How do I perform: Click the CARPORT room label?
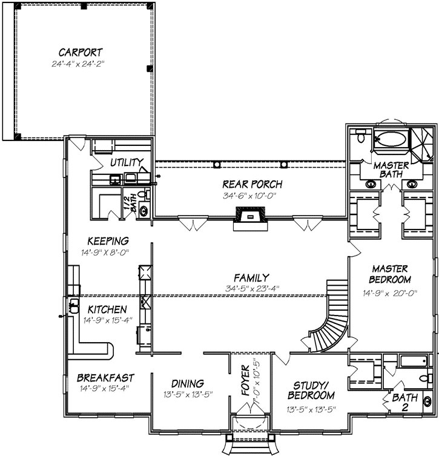pyautogui.click(x=81, y=52)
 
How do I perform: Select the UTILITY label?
pyautogui.click(x=127, y=162)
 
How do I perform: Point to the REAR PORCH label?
pyautogui.click(x=252, y=185)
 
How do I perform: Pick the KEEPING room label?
pyautogui.click(x=107, y=240)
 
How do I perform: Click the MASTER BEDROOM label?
pyautogui.click(x=391, y=274)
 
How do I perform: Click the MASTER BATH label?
pyautogui.click(x=391, y=170)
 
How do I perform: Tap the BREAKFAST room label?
pyautogui.click(x=105, y=377)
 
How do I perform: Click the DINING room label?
pyautogui.click(x=187, y=383)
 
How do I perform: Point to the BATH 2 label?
pyautogui.click(x=404, y=402)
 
